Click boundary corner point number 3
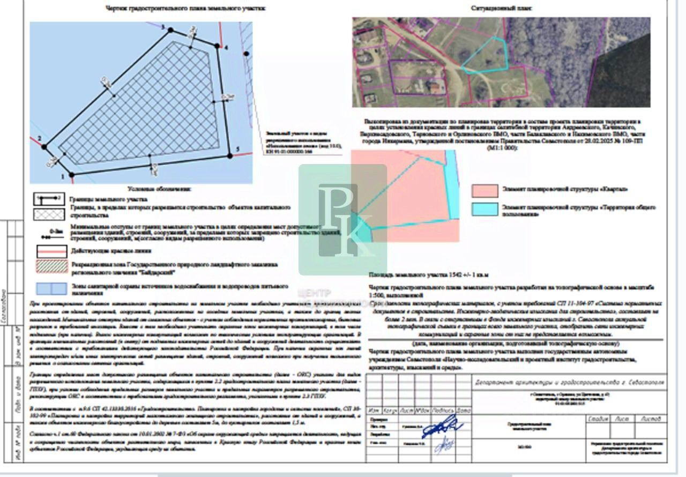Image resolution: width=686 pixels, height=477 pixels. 171,30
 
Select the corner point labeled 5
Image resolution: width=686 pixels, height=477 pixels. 230,155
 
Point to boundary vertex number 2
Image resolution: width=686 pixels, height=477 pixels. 44,146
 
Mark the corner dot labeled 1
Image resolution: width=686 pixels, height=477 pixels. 72,174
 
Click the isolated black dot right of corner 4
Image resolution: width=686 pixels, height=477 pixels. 246,54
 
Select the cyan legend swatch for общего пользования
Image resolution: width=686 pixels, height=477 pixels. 485,210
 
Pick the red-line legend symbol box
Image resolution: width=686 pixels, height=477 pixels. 50,250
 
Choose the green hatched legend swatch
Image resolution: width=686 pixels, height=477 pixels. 50,267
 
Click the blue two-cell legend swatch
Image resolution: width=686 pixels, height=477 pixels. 50,288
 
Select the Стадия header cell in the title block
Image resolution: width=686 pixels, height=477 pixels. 598,419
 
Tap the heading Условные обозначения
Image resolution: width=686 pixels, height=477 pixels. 159,189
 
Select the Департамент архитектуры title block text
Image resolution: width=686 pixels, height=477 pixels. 569,383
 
